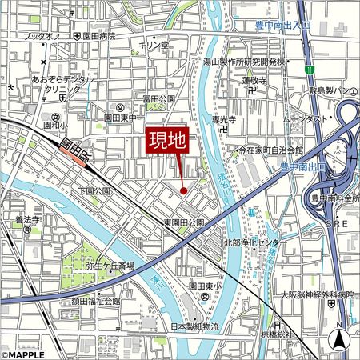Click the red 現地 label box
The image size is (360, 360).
click(170, 142)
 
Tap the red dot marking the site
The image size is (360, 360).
click(183, 190)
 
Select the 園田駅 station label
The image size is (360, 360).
click(73, 148)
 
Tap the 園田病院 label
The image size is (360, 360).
click(99, 37)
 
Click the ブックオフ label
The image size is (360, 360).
click(42, 37)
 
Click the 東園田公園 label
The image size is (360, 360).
click(184, 222)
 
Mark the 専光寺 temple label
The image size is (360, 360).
click(225, 119)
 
